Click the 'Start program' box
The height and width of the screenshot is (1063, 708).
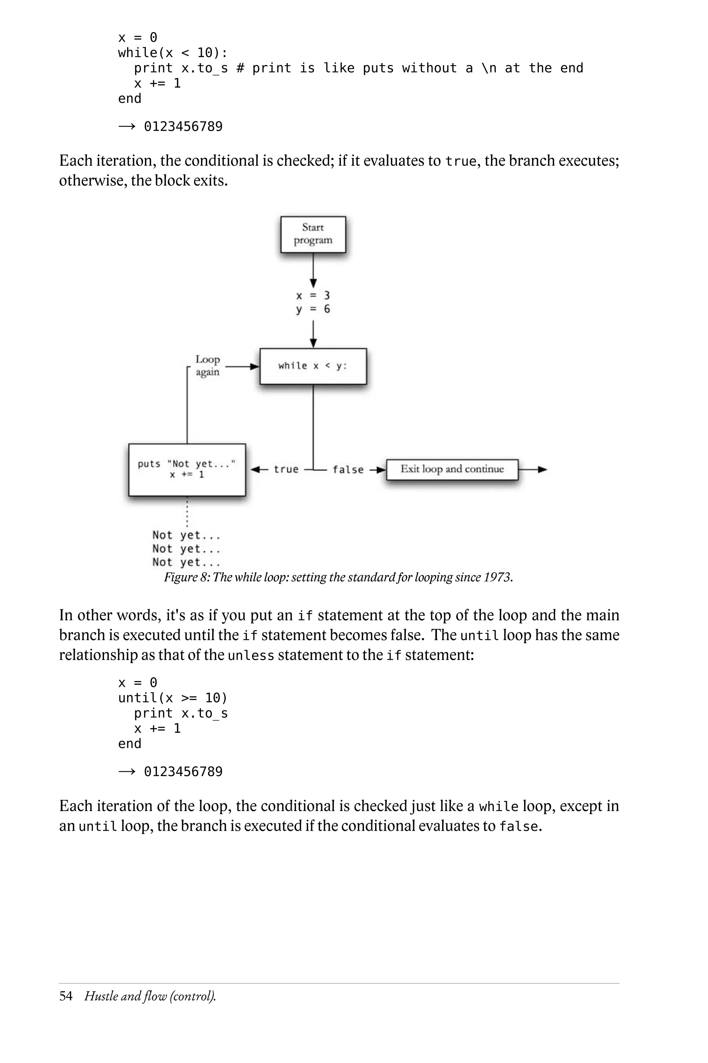313,234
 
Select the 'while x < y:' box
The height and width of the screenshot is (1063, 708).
313,366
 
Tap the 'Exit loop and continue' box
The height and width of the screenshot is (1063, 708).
452,469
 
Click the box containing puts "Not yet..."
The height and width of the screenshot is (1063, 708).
187,470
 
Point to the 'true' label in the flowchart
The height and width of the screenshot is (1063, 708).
286,470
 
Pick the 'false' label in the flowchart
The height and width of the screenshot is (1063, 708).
348,470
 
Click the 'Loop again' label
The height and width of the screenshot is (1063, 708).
208,366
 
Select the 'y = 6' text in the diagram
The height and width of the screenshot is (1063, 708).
313,309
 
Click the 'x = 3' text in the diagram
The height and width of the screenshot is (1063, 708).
313,296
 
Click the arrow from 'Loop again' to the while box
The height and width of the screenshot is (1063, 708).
242,366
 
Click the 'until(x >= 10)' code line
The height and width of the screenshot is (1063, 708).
173,698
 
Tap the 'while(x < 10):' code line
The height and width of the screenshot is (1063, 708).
173,53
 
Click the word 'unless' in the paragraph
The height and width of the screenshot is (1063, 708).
251,655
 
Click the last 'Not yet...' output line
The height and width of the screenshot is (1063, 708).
186,562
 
